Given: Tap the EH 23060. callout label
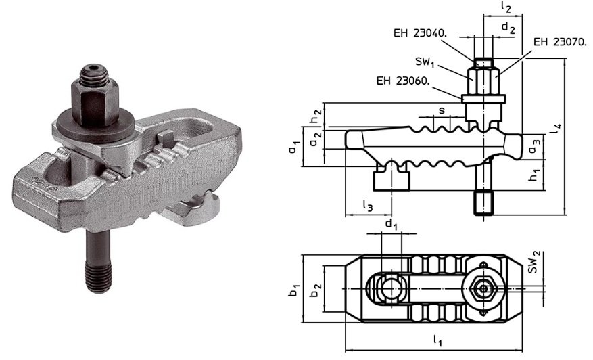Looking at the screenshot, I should (x=405, y=81).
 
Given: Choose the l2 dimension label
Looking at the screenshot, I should (x=506, y=7).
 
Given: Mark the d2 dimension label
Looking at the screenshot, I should (x=508, y=28).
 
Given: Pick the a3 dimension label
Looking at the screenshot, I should (x=534, y=144).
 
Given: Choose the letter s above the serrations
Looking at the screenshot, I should (x=442, y=109).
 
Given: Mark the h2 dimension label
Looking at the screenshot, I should (x=315, y=115).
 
